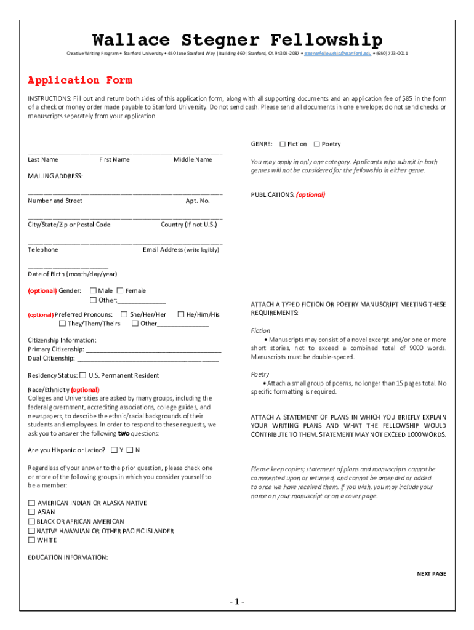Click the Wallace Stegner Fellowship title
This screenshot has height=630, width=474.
coord(237,41)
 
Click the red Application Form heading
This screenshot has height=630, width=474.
coord(80,80)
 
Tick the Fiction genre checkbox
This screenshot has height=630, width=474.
coord(283,144)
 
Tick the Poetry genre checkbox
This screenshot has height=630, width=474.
coord(316,144)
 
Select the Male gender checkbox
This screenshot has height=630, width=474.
coord(93,290)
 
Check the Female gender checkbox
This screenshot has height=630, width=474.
coord(120,290)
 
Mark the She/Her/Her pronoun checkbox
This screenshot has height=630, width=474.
coord(124,314)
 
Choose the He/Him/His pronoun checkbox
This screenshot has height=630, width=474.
coord(181,314)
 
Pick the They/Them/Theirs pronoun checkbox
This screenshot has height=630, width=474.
coord(62,324)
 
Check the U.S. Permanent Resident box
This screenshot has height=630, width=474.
coord(83,375)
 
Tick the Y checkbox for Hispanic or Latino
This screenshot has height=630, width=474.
coord(114,450)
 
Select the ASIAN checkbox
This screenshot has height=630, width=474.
coord(31,512)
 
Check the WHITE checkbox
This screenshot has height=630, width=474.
coord(31,540)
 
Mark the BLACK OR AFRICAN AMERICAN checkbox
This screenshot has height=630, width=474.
coord(31,522)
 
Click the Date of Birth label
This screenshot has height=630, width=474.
coord(72,274)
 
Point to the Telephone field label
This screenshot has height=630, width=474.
coord(43,250)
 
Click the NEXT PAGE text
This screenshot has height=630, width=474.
coord(431,574)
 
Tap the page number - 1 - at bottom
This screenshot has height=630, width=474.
coord(237,601)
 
